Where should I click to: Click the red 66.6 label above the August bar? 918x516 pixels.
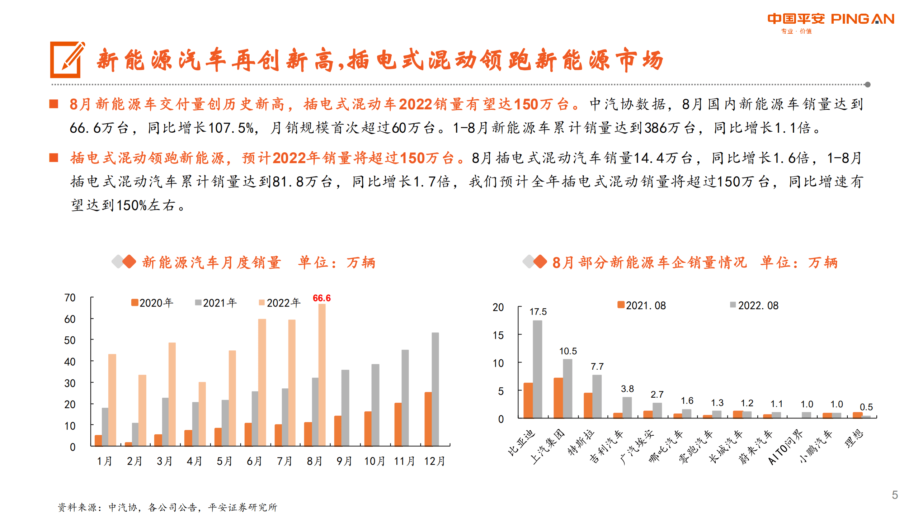[321, 298]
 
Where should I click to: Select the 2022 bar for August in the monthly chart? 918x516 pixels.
[322, 375]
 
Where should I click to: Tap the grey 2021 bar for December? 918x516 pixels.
[435, 389]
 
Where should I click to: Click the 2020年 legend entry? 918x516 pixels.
[152, 303]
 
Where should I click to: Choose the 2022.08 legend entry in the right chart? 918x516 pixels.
[754, 306]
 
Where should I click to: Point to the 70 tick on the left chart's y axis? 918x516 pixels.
[70, 298]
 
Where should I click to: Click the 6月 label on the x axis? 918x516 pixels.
[254, 461]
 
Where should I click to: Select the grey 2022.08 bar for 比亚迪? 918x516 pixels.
[537, 369]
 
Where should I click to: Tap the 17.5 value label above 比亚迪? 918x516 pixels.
[538, 312]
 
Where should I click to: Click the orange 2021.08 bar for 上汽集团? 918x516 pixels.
[558, 398]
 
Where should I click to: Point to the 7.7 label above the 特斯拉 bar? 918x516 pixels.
[597, 366]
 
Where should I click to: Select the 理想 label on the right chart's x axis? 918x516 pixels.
[854, 438]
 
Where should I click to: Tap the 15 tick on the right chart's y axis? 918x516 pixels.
[498, 335]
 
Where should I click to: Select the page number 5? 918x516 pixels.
[895, 495]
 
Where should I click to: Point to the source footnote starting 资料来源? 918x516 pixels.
[167, 507]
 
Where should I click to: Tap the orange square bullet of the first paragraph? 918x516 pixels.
[54, 104]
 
